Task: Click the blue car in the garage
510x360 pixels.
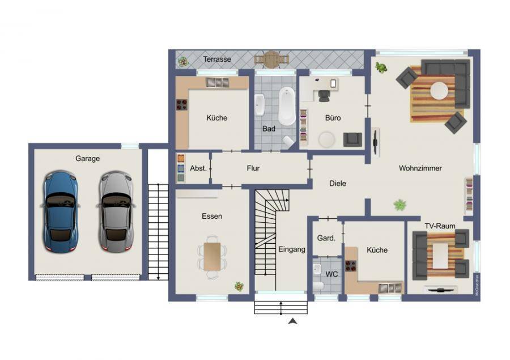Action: point(61,212)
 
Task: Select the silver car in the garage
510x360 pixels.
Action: point(116,212)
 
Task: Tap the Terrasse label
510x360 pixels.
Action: point(217,59)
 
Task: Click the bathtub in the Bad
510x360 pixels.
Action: point(287,106)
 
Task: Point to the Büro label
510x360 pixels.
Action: point(333,118)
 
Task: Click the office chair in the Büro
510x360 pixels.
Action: point(324,95)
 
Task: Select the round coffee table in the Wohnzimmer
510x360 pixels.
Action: point(439,91)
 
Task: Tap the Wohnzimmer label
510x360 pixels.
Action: point(420,168)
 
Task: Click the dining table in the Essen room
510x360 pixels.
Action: point(212,256)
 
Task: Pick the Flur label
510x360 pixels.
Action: point(253,168)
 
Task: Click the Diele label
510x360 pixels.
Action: point(338,183)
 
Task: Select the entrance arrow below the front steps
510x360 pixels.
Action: point(293,321)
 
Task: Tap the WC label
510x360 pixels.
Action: point(331,274)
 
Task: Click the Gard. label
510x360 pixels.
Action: point(326,238)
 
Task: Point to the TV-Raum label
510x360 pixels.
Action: point(440,226)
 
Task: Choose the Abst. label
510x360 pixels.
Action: point(198,168)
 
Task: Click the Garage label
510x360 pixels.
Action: point(87,159)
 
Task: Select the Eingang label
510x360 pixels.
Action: point(292,249)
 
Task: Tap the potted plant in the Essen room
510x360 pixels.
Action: point(239,286)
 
